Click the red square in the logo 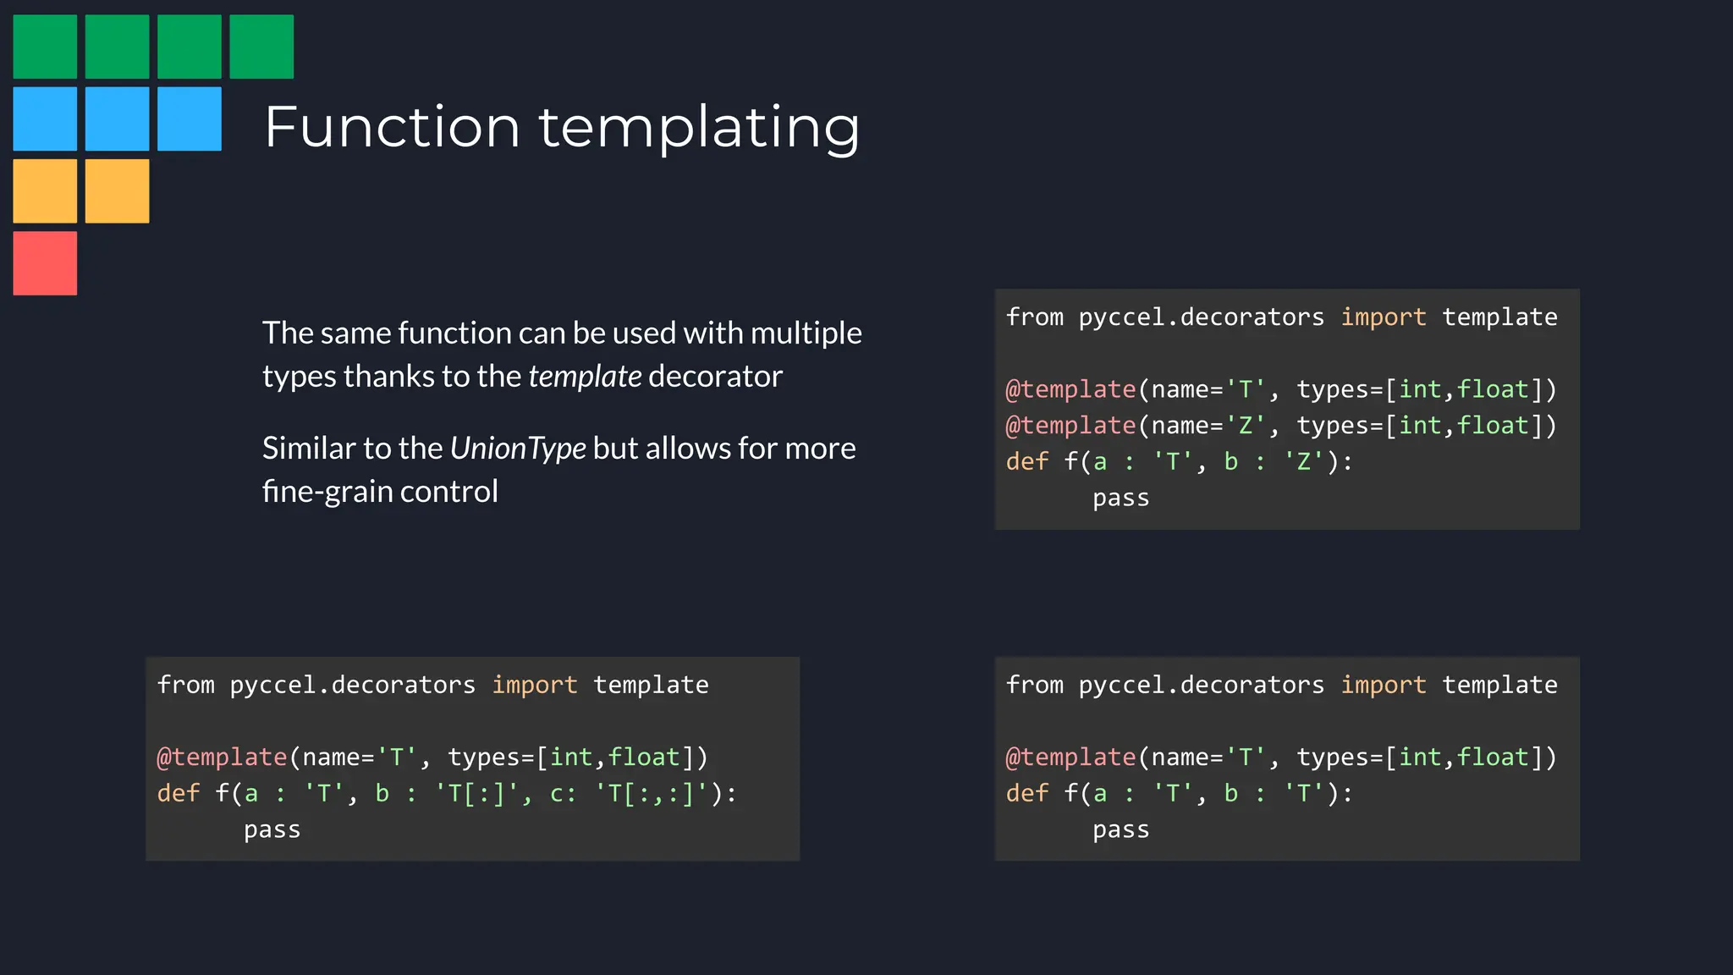45,263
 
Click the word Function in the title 392,127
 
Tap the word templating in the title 699,127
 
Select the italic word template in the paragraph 585,376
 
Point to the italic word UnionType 518,448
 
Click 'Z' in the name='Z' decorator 1245,425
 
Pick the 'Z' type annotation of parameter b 1303,461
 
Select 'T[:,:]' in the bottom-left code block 651,793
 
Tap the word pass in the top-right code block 1120,498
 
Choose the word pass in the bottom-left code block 272,829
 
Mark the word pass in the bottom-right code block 1120,829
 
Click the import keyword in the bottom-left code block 535,685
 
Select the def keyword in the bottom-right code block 1026,793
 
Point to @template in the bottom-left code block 222,757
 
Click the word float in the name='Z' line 1493,425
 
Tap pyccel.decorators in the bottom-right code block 1201,685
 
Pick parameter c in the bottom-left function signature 558,793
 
